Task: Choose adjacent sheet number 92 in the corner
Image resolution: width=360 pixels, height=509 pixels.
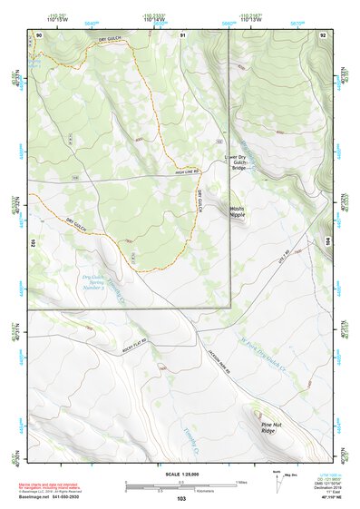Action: click(322, 34)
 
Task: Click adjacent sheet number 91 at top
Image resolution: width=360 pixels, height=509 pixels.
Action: click(182, 34)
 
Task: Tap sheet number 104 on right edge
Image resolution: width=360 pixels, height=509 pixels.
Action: click(328, 242)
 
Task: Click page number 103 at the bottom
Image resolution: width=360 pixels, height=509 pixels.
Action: click(181, 498)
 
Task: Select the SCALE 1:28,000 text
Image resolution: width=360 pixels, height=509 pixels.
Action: click(180, 475)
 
